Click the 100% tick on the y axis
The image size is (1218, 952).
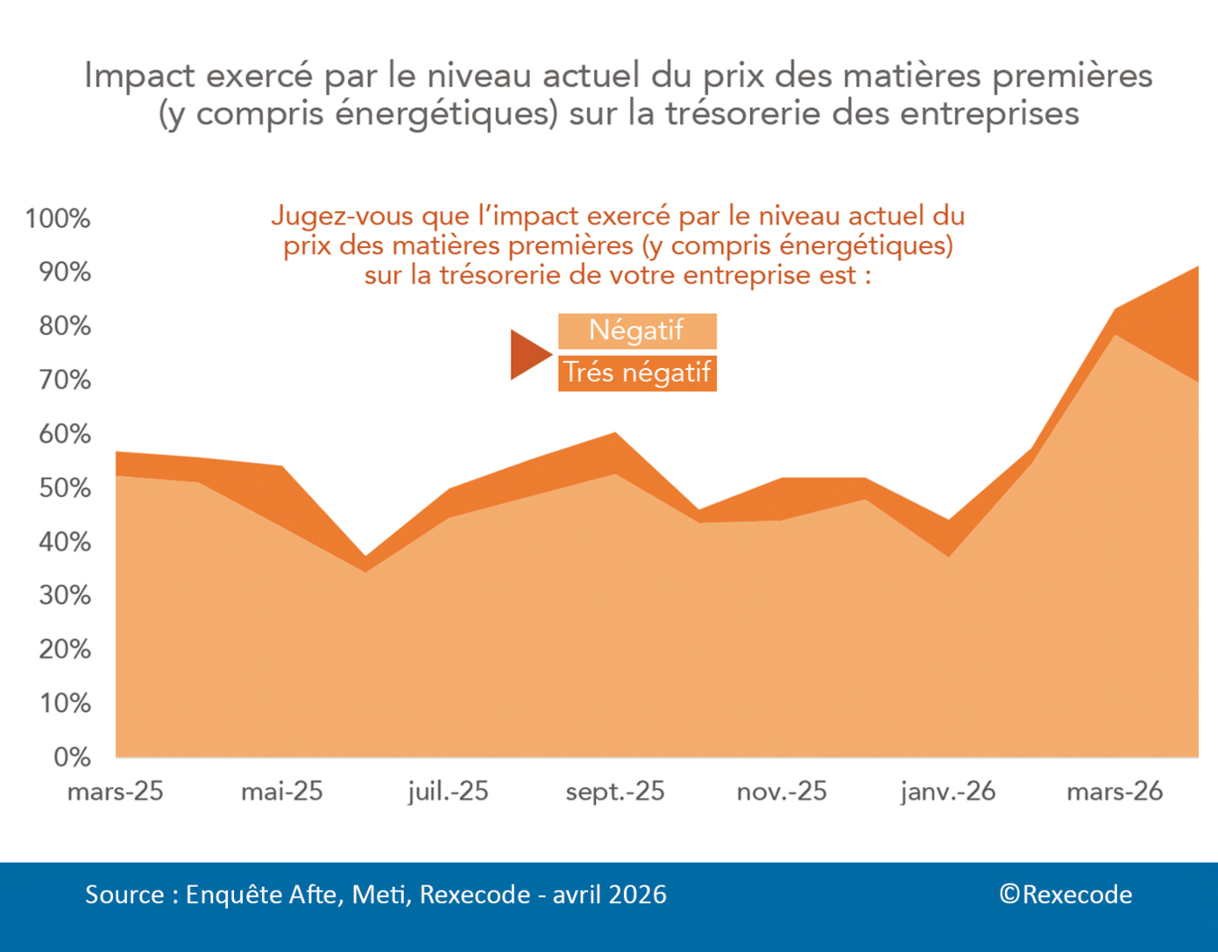pos(58,218)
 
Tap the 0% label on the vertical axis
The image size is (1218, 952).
pos(72,757)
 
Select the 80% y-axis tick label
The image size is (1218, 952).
pos(65,326)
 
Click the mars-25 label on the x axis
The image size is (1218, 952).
pos(116,792)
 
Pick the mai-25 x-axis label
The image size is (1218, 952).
pos(282,792)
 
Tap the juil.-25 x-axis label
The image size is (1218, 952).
pos(448,792)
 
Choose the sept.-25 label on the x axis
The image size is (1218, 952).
pos(615,792)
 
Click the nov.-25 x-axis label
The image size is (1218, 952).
pos(782,792)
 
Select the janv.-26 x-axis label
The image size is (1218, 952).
pos(948,792)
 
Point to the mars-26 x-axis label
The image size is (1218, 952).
pos(1115,792)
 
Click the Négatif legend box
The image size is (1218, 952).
pos(637,330)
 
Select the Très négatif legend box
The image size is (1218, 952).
pos(637,373)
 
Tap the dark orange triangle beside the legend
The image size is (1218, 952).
pos(528,354)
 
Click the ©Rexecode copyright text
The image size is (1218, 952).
pos(1066,894)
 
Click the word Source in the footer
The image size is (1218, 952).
pos(124,894)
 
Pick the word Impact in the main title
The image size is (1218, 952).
pos(139,76)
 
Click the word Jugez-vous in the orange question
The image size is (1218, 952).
pos(342,216)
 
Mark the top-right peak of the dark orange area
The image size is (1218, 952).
pos(1196,268)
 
